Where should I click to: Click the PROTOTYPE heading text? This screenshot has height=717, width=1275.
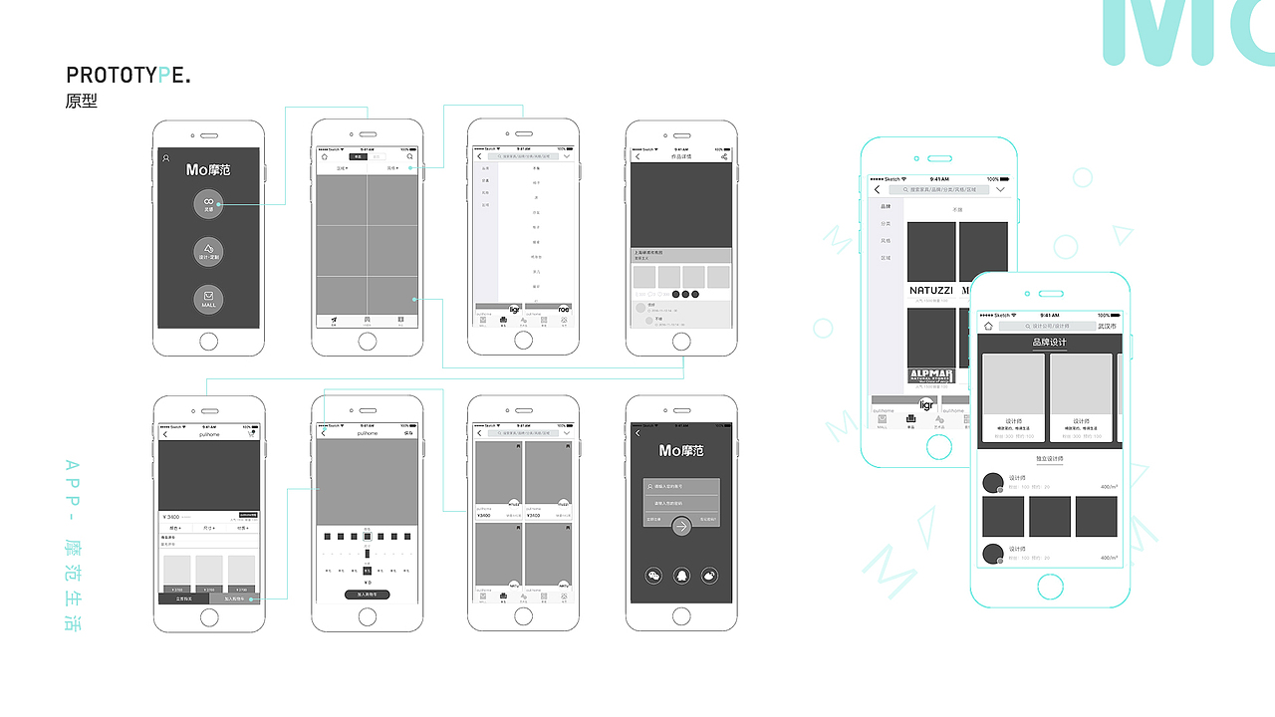click(x=128, y=76)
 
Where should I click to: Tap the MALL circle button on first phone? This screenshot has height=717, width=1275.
click(x=208, y=298)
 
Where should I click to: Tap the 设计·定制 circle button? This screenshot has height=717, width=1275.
click(x=208, y=252)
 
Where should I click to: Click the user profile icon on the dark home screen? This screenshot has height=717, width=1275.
click(x=166, y=158)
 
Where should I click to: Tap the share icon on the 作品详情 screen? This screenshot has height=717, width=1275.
click(x=724, y=156)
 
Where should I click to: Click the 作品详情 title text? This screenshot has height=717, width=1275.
click(x=681, y=156)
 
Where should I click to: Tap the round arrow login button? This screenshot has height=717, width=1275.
click(x=681, y=527)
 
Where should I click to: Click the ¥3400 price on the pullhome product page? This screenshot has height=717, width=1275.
click(x=172, y=517)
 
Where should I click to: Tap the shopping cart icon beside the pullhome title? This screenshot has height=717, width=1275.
click(x=251, y=433)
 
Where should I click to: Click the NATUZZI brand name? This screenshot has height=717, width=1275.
click(x=931, y=291)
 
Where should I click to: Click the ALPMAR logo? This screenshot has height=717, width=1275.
click(x=931, y=375)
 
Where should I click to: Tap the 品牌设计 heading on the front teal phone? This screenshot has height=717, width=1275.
click(x=1049, y=343)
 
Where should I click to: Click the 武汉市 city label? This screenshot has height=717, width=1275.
click(x=1107, y=326)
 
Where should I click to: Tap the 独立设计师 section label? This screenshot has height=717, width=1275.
click(x=1050, y=458)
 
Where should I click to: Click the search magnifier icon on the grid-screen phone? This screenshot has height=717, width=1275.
click(x=409, y=156)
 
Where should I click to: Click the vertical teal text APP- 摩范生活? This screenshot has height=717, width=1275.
click(x=71, y=544)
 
